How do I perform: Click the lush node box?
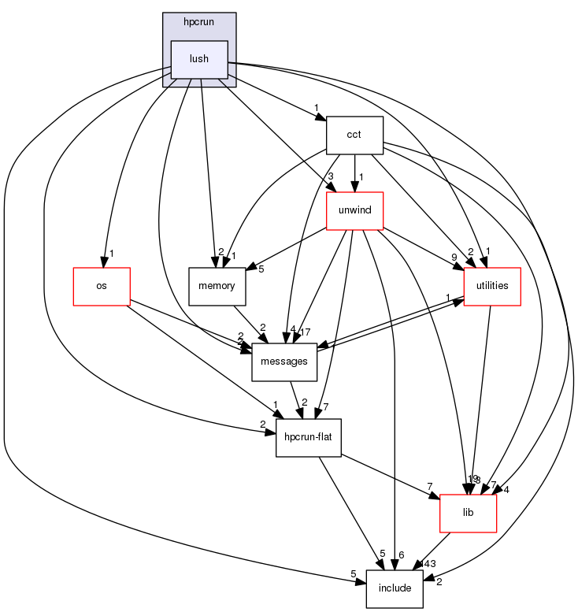(x=200, y=59)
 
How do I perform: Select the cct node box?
(x=354, y=135)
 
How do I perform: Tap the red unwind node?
(x=354, y=210)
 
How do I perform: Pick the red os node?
(x=102, y=286)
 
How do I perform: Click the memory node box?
(x=217, y=286)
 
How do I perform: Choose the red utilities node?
(x=492, y=286)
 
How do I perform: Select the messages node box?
(x=283, y=362)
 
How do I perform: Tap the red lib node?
(x=468, y=513)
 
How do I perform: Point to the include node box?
(x=395, y=588)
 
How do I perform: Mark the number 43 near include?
(x=429, y=564)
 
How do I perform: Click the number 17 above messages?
(x=306, y=332)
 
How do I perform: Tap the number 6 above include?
(x=401, y=555)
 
